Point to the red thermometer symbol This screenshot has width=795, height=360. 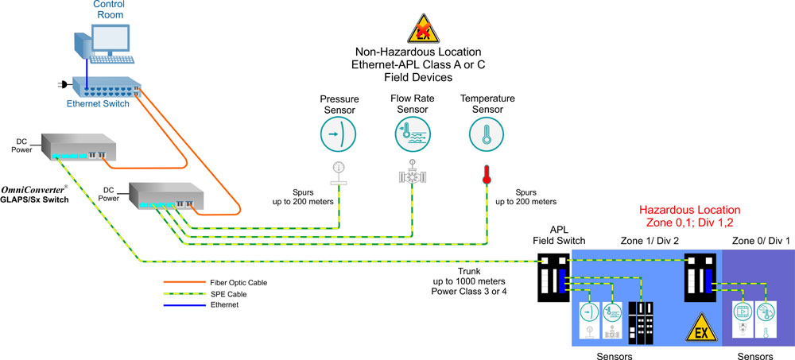487,175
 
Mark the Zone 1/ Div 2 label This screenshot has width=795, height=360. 649,239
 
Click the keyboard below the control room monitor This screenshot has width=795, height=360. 109,59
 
